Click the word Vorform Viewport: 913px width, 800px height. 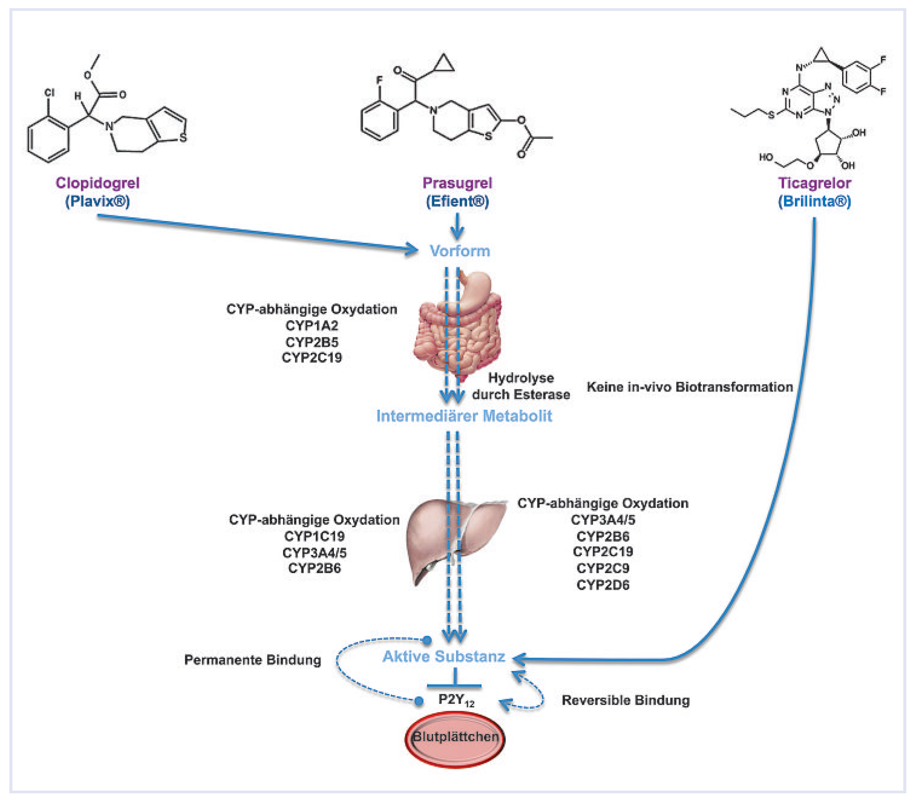click(460, 251)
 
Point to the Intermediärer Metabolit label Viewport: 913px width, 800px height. click(464, 416)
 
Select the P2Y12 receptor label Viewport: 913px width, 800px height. click(455, 700)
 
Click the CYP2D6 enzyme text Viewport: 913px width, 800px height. click(603, 585)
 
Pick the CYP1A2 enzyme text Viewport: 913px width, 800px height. click(312, 326)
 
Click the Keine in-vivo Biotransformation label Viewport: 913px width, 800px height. click(689, 387)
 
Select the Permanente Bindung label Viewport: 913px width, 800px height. click(252, 660)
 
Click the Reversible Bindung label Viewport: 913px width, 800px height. click(625, 700)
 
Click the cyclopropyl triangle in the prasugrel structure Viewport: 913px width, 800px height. click(443, 65)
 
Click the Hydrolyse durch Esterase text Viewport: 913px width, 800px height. click(521, 386)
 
